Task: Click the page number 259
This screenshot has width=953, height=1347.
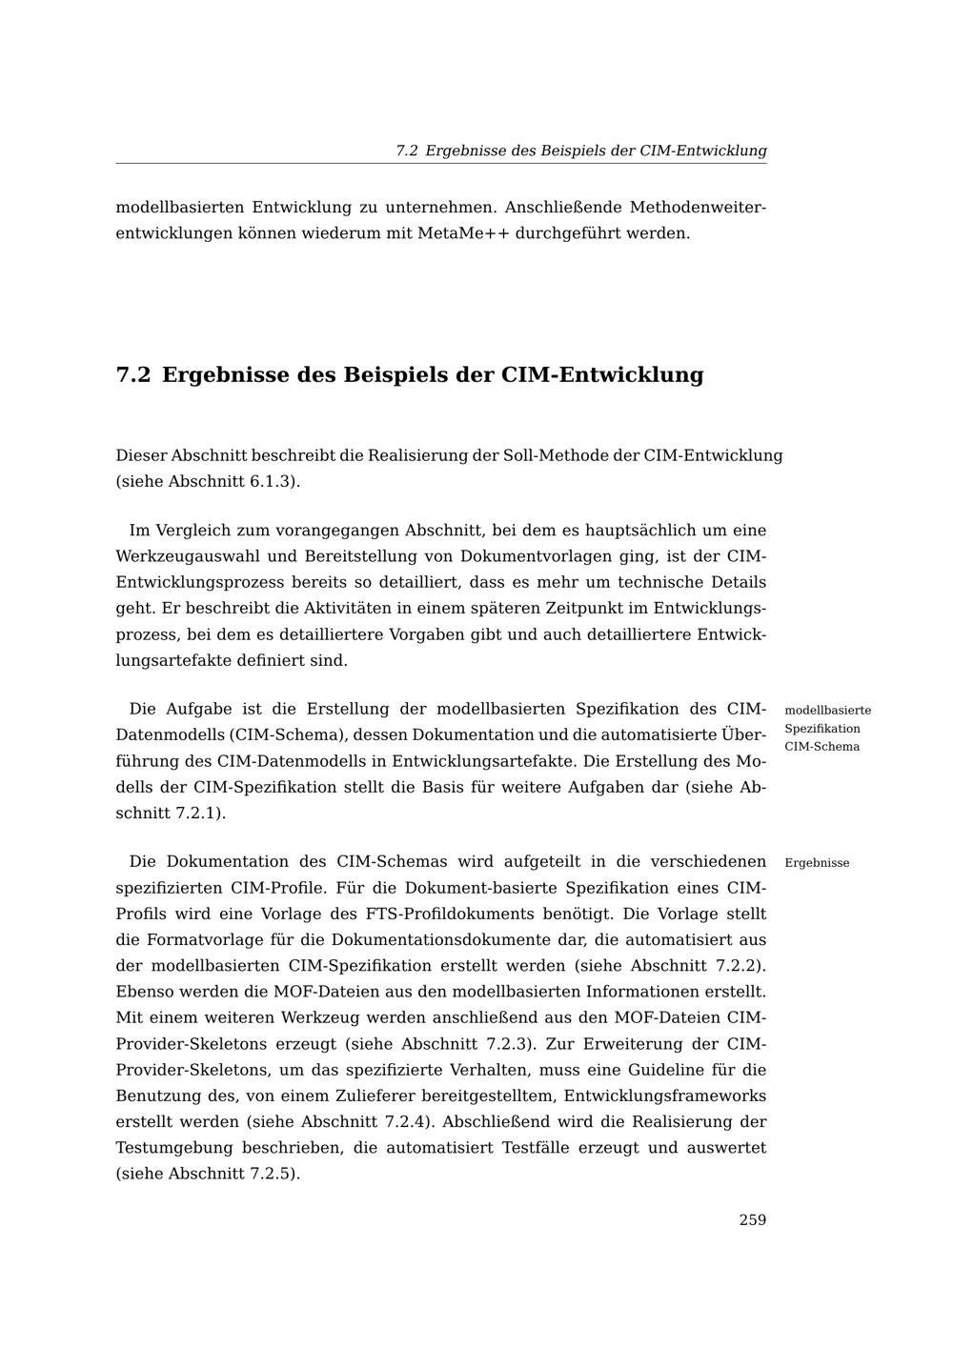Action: pyautogui.click(x=752, y=1220)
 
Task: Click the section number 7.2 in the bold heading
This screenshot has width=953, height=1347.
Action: pyautogui.click(x=133, y=375)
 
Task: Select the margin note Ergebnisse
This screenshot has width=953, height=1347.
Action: pyautogui.click(x=817, y=863)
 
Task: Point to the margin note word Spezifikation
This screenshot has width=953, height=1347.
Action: pyautogui.click(x=821, y=729)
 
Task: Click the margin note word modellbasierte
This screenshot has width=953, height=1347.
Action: pyautogui.click(x=827, y=711)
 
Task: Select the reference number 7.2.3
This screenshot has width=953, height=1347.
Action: pyautogui.click(x=513, y=1044)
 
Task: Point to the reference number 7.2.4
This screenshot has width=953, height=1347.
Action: pyautogui.click(x=406, y=1122)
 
